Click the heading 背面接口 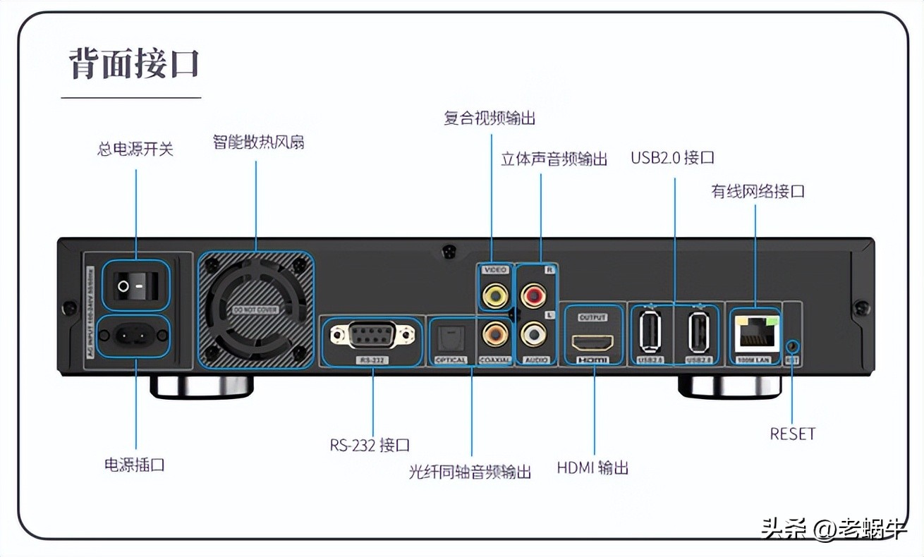point(134,63)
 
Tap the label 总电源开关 point(135,149)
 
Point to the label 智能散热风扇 point(258,142)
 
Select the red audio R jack point(533,292)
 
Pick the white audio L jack point(533,331)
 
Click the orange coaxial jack point(495,331)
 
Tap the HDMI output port point(592,342)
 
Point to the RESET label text point(792,434)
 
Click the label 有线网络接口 point(758,191)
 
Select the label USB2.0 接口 point(672,158)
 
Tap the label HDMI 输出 point(592,467)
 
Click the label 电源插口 point(135,465)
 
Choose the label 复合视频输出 point(490,118)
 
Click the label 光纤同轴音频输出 point(470,472)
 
